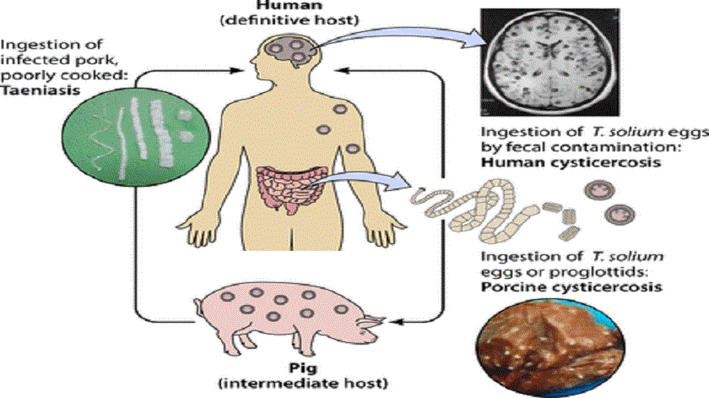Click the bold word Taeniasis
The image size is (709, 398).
point(41,90)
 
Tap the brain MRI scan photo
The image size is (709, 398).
point(549,62)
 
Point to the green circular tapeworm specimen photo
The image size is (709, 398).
point(136,135)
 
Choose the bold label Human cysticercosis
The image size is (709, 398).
point(571,162)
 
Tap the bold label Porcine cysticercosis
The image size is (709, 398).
point(571,287)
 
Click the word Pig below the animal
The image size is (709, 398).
point(303,368)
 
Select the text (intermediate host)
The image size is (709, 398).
point(303,384)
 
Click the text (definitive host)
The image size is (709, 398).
point(290,20)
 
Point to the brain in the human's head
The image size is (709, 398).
point(289,52)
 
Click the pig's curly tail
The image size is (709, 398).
point(198,307)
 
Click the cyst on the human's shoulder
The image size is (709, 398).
point(340,109)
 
